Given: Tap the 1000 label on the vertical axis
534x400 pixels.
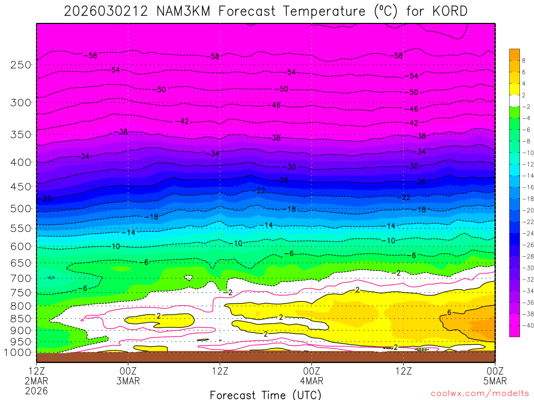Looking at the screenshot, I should (19, 353).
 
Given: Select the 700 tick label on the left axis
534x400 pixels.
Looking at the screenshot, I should (21, 278).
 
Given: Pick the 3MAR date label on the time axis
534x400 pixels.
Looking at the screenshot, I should (128, 381).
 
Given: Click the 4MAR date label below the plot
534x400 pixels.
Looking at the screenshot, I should (312, 381).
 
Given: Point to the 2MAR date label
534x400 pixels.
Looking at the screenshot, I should (37, 381).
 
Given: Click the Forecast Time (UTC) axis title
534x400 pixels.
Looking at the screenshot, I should (266, 395).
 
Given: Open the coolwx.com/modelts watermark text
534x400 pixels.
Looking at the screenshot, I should (479, 393).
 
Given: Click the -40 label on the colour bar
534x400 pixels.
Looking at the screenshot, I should (527, 325).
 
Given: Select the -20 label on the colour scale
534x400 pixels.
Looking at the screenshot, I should (527, 210).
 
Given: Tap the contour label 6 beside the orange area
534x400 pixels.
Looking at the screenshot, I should (449, 312).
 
